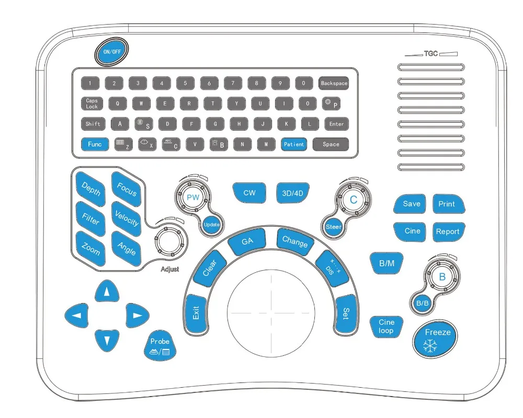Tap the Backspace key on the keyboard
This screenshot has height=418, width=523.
tap(334, 83)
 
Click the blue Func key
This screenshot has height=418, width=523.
tap(95, 144)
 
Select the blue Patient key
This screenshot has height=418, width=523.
tap(294, 144)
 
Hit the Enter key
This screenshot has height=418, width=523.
tap(336, 124)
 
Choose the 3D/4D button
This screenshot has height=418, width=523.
tap(292, 193)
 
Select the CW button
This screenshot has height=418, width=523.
tap(249, 193)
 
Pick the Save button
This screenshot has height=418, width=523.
tap(412, 204)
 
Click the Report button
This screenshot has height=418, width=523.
tap(448, 231)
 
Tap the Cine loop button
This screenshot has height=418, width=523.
tap(386, 327)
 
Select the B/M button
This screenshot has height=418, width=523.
tap(386, 263)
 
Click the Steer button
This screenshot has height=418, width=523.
tap(334, 227)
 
